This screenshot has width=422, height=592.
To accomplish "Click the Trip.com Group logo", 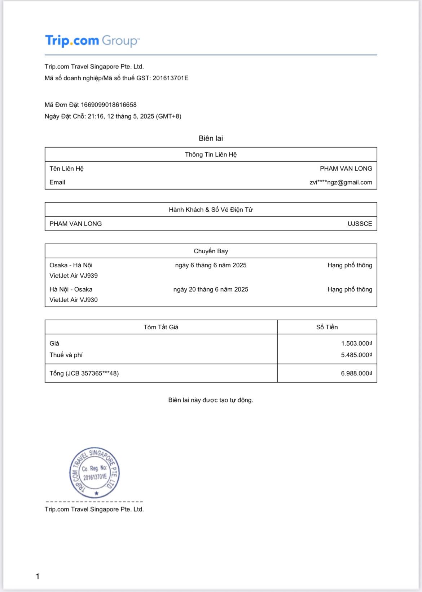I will (x=92, y=41).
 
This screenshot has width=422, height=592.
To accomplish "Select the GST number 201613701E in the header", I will (x=170, y=78).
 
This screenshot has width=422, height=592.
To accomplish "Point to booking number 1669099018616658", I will (x=109, y=105).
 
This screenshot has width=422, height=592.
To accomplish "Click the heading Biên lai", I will (x=211, y=138).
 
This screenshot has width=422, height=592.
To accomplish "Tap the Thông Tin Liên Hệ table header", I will (x=211, y=155).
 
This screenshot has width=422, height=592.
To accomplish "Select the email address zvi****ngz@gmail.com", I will (x=340, y=182).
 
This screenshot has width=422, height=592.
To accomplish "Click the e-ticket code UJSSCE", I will (x=360, y=224).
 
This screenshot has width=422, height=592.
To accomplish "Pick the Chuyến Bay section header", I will (x=211, y=251).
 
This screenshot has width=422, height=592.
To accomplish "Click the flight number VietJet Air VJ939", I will (x=74, y=276).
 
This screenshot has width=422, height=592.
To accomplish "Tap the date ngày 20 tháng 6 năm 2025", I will (x=211, y=289).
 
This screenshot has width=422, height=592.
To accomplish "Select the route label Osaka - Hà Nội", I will (x=71, y=265).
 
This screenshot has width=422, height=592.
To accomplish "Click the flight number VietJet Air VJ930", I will (x=74, y=300).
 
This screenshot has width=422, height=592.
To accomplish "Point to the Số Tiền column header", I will (x=327, y=327).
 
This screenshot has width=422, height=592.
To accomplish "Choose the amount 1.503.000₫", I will (x=356, y=343).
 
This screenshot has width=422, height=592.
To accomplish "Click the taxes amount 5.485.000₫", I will (x=356, y=355).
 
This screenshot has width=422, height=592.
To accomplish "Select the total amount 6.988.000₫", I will (x=356, y=373).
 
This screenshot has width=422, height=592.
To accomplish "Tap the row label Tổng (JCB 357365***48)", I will (x=84, y=373).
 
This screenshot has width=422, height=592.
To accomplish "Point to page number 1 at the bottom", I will (x=38, y=577).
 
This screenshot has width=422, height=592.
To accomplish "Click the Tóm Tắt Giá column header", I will (x=161, y=327).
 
